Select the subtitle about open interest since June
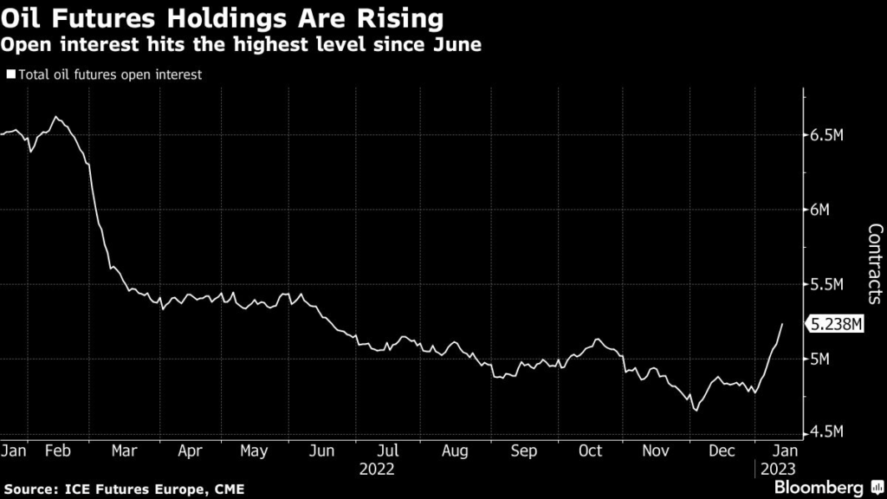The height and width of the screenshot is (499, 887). [241, 43]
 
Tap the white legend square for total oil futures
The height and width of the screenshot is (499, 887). [10, 75]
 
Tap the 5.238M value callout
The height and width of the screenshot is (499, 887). [837, 324]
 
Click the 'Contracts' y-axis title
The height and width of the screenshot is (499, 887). [874, 264]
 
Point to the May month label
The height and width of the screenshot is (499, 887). [254, 451]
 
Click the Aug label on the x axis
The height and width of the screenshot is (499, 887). [455, 451]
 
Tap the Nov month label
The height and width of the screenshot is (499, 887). [657, 451]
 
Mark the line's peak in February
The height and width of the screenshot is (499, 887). [55, 116]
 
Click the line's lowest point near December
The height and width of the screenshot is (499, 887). [696, 410]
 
